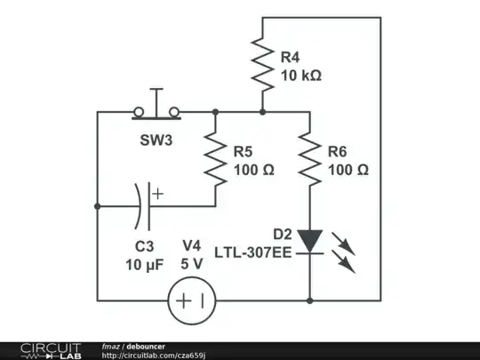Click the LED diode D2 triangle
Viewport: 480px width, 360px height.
pos(309,241)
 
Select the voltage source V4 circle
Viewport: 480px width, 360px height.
pos(192,300)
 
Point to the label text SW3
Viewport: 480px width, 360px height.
pos(156,141)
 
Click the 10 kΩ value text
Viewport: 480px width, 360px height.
pos(300,76)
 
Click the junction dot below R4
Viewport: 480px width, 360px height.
pos(262,112)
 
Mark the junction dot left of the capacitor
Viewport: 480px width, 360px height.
pos(96,205)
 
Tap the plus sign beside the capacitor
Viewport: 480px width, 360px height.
pos(157,192)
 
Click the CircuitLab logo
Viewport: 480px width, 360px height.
pos(41,350)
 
